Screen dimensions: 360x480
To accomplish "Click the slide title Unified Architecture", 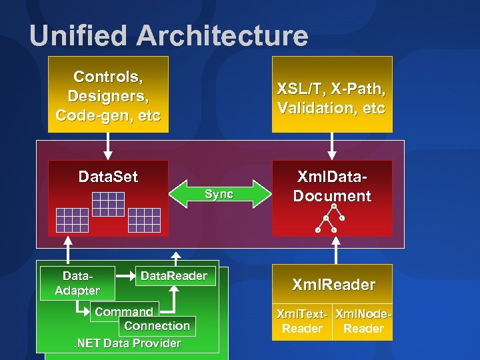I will (x=169, y=36).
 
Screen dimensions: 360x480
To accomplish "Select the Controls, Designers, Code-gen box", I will (x=109, y=95).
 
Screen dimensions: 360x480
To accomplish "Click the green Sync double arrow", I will (x=219, y=194).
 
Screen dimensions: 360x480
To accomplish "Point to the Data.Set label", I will (x=108, y=177).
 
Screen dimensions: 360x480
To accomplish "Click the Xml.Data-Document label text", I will (x=332, y=187).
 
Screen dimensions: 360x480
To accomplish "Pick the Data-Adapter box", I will (x=77, y=283).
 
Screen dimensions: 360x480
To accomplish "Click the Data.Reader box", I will (x=174, y=276).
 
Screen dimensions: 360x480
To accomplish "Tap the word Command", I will (x=124, y=311).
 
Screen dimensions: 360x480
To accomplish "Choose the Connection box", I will (x=157, y=326).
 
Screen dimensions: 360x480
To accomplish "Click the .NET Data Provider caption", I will (x=127, y=343).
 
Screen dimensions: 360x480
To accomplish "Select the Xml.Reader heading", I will (x=332, y=285).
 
